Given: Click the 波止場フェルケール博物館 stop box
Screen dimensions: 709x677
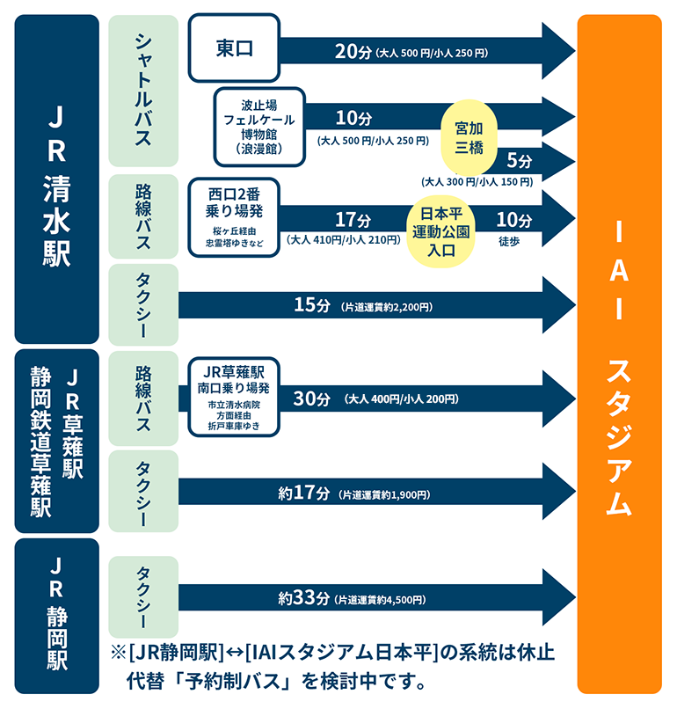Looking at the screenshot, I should point(258,127).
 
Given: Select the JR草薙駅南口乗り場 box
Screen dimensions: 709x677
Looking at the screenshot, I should point(234,397).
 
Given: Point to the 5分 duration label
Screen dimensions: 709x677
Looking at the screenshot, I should point(520,161).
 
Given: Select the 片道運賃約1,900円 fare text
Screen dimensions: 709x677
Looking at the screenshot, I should point(383,495).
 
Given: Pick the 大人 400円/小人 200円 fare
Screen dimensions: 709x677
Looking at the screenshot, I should point(402,399).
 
